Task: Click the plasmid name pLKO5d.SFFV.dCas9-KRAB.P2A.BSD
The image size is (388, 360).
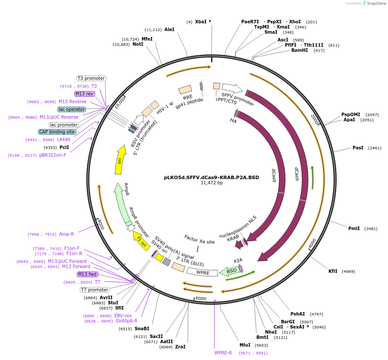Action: pos(211,177)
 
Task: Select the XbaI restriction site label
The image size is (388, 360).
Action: pos(201,22)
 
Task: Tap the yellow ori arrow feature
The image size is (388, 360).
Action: pos(120,160)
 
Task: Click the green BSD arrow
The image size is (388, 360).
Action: pos(230,271)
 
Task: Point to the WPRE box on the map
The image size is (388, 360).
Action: pos(202,272)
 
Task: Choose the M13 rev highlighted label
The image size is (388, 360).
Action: pos(84,94)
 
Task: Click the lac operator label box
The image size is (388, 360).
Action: pos(72,109)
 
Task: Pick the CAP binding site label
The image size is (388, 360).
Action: pos(57,132)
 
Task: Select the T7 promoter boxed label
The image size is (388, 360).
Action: pos(95,290)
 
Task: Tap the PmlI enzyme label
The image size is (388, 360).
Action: pos(354,228)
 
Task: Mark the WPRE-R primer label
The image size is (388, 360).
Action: pos(223,353)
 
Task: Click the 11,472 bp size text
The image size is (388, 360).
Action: pos(211,183)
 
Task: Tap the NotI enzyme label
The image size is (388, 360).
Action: pos(138,44)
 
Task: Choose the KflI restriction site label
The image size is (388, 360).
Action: pos(333,271)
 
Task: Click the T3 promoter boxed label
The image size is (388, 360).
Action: pos(91,78)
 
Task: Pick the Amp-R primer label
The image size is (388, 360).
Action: pos(66,234)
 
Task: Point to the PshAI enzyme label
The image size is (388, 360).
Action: pos(298,314)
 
